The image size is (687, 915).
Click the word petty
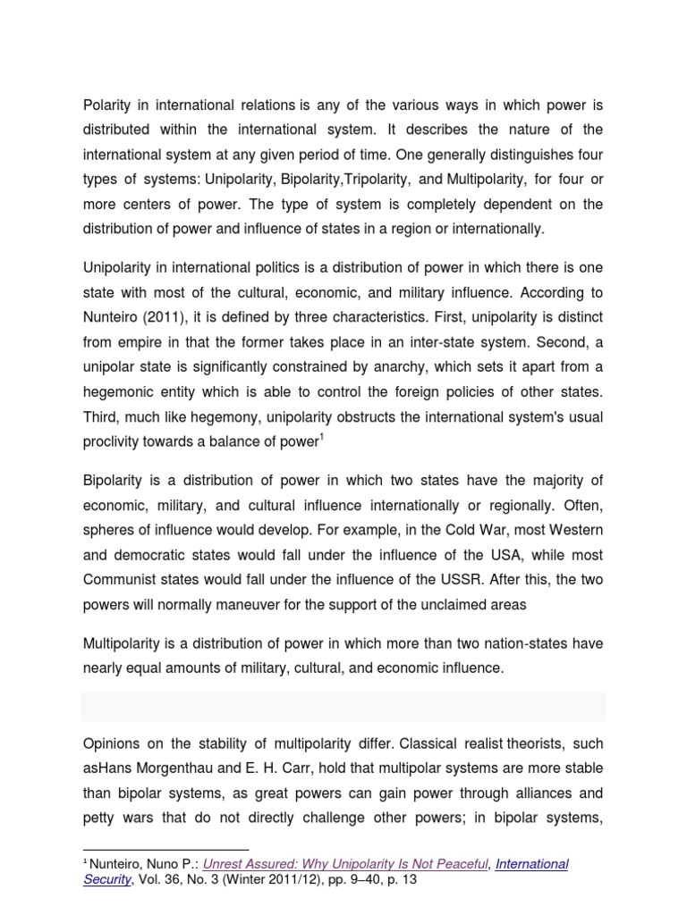pos(99,818)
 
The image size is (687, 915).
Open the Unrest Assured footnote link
pos(345,864)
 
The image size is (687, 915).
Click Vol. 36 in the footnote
pos(160,880)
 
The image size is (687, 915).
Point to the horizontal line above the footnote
pos(165,849)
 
